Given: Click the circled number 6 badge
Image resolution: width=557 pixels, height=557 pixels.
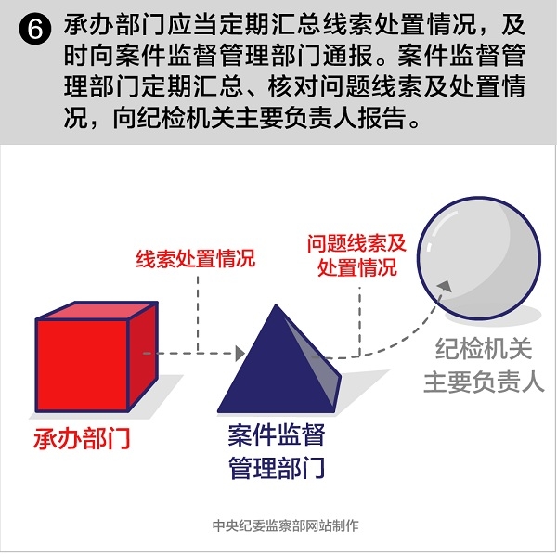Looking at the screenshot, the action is (35, 30).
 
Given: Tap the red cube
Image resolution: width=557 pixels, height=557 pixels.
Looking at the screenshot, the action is (97, 356).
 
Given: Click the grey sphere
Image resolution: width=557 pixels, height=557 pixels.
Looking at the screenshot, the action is (479, 258).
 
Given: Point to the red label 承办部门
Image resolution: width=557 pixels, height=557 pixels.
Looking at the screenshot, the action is (82, 438).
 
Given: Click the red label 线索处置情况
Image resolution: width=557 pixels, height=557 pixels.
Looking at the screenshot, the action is (196, 258).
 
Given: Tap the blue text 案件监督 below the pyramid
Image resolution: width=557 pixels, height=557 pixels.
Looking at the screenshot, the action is (277, 434).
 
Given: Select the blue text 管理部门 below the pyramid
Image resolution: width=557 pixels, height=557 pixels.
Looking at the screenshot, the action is (277, 468).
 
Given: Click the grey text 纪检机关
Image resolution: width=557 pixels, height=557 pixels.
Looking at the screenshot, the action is (484, 349).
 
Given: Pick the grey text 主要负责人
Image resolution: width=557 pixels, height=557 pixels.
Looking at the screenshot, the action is (484, 382).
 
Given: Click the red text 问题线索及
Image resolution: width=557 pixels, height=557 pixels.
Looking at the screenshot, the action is (356, 243).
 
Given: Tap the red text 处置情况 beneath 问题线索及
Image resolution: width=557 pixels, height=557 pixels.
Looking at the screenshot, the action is (357, 266).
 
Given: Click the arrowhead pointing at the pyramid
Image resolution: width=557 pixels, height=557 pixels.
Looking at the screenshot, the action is (240, 354).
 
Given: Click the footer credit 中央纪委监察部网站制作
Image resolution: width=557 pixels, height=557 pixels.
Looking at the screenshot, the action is (286, 525).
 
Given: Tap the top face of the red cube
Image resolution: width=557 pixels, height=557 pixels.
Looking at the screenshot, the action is (97, 310).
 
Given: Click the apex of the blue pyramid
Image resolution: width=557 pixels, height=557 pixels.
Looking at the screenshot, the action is (276, 304).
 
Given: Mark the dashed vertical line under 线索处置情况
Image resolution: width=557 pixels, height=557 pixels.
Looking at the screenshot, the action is (198, 315).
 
